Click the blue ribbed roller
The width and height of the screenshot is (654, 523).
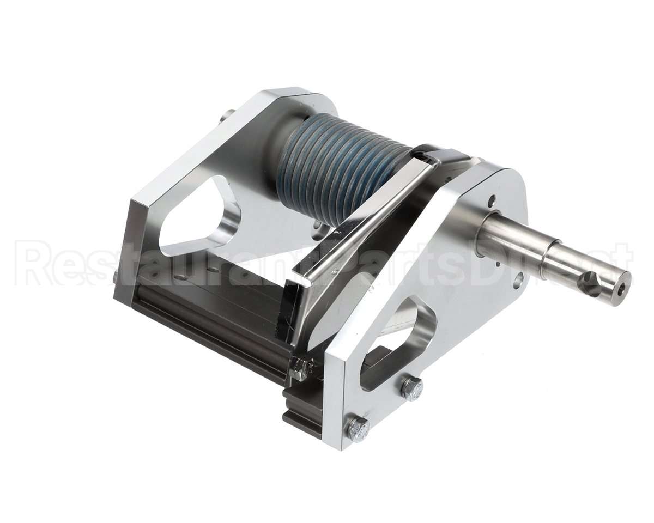[338, 169]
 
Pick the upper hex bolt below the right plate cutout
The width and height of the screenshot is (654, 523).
[411, 387]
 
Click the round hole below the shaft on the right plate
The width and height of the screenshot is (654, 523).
[518, 280]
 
